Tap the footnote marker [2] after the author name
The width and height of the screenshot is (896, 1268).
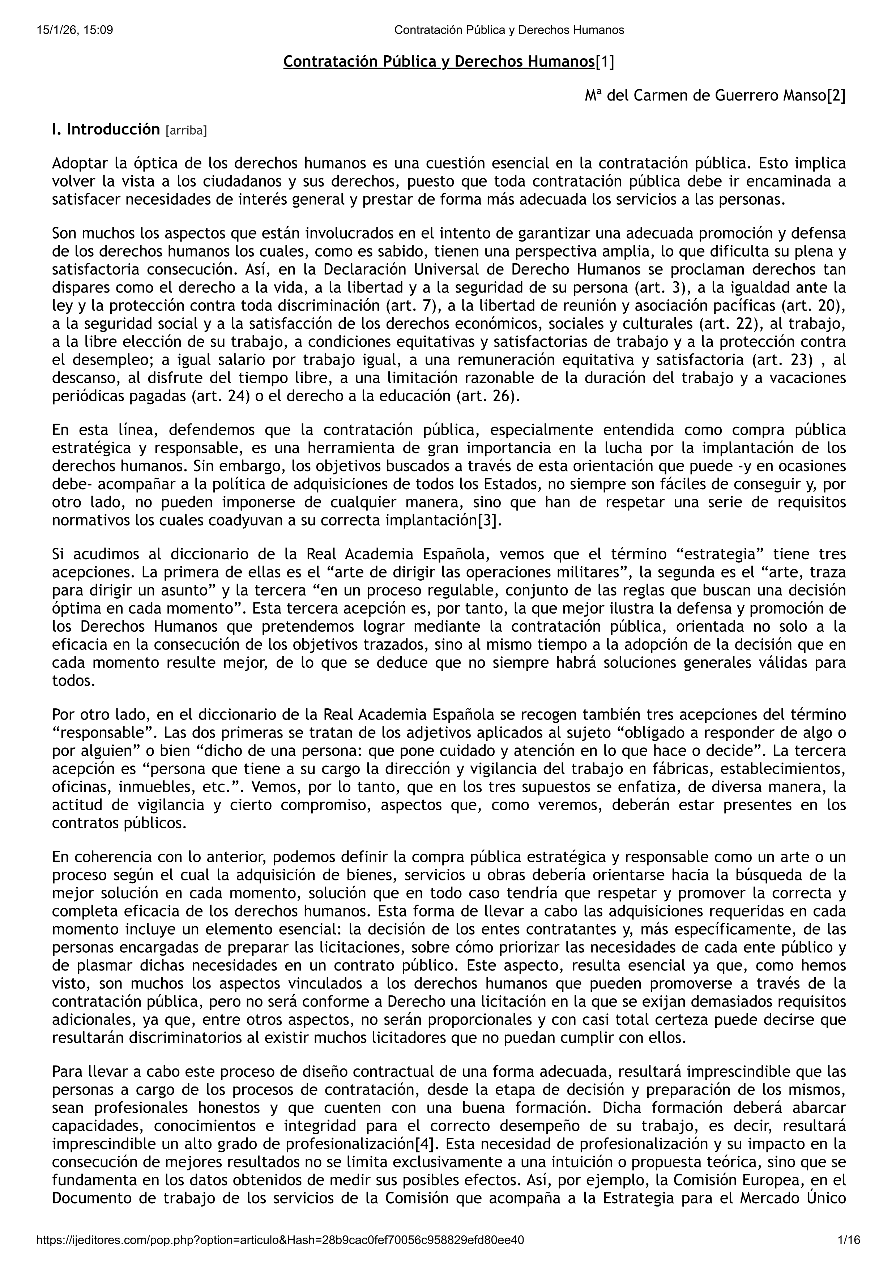click(x=836, y=96)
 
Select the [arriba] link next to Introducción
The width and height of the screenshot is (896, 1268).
click(x=186, y=131)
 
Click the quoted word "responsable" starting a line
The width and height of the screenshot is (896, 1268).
click(x=98, y=733)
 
